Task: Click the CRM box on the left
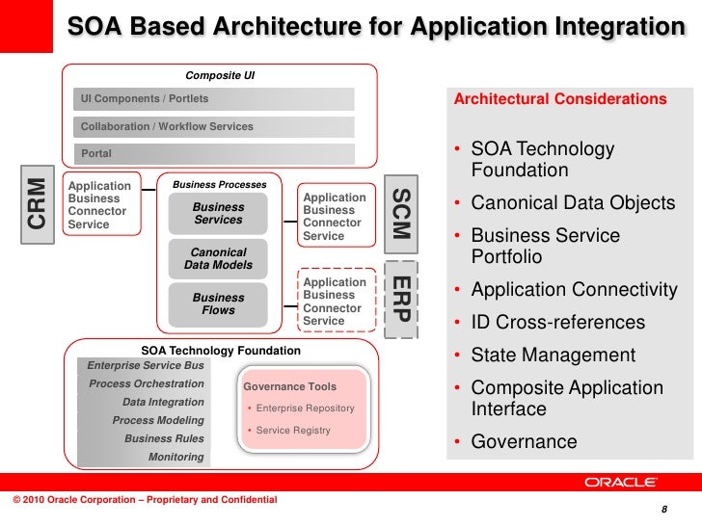click(36, 203)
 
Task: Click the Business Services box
click(218, 214)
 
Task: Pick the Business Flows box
click(218, 304)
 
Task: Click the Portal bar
click(214, 154)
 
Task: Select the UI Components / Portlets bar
click(214, 99)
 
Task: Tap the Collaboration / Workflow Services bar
click(214, 127)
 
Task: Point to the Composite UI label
click(219, 75)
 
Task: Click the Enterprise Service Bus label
click(146, 366)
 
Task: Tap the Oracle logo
click(621, 483)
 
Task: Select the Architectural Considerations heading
click(559, 100)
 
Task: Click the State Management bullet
click(553, 355)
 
